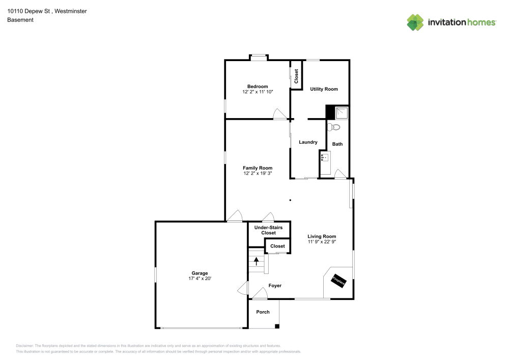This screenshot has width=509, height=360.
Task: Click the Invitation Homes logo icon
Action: click(x=415, y=22)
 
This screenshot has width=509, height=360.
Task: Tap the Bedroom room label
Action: click(x=258, y=87)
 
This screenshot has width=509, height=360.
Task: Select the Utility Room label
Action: click(x=324, y=89)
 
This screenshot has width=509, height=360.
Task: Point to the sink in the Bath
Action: click(x=324, y=157)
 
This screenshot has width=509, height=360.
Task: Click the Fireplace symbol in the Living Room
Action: click(x=338, y=281)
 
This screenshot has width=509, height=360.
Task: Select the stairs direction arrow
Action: click(x=257, y=262)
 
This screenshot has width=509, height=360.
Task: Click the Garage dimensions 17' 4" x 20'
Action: click(x=200, y=279)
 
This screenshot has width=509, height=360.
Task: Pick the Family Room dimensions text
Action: click(x=258, y=174)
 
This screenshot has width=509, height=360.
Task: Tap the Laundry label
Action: click(x=308, y=142)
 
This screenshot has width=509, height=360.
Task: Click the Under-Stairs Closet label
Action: click(x=268, y=230)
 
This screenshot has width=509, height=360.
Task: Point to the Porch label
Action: click(x=263, y=312)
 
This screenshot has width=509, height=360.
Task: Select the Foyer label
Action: click(x=275, y=286)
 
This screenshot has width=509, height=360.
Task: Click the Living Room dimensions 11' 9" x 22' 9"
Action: click(x=322, y=242)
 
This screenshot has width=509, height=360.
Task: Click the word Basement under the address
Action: click(x=20, y=20)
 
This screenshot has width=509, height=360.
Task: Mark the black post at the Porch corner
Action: click(x=277, y=326)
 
